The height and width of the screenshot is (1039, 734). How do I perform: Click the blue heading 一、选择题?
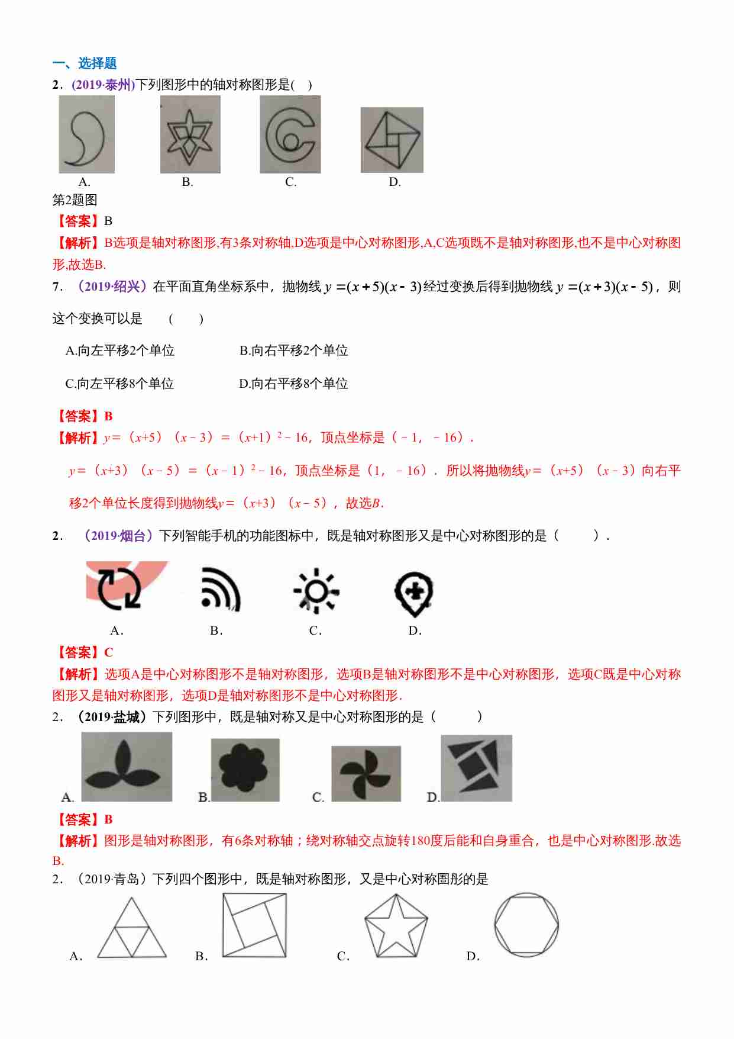(x=85, y=63)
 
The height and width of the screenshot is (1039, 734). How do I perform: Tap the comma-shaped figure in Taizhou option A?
(x=87, y=135)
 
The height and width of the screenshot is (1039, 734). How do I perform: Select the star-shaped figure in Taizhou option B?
(x=190, y=135)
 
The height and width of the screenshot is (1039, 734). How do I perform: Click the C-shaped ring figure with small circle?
(x=290, y=135)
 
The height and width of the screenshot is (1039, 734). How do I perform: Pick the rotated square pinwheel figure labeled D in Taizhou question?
(x=392, y=140)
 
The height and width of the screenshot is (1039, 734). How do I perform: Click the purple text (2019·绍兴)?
(x=110, y=287)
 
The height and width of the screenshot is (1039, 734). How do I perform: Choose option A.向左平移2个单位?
(x=120, y=351)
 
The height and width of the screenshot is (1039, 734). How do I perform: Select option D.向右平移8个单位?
(x=293, y=384)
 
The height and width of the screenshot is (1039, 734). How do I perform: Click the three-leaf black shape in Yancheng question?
(x=126, y=767)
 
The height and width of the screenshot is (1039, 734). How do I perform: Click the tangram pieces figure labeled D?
(x=476, y=768)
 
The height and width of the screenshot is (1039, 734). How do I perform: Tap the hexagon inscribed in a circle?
(x=526, y=925)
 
